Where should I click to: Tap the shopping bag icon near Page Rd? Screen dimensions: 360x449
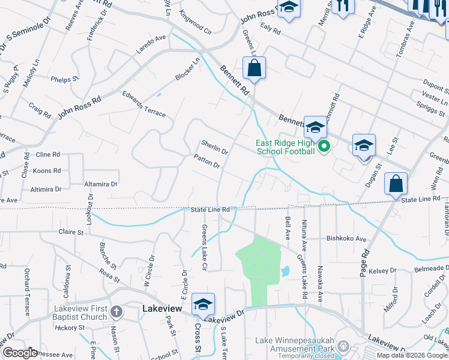(x=396, y=184)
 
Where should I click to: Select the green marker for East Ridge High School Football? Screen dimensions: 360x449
(x=324, y=146)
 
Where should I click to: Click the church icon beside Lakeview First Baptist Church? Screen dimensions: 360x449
(x=116, y=311)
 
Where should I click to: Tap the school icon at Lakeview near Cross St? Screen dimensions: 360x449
(x=203, y=305)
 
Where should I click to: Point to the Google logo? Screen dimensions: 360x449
(x=19, y=353)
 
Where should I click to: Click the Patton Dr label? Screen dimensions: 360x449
(x=207, y=161)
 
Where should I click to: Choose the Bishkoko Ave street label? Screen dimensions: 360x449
(x=346, y=238)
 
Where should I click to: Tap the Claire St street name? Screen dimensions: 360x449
(x=70, y=232)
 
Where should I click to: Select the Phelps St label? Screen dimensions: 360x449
(x=65, y=79)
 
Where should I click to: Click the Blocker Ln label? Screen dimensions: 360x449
(x=188, y=70)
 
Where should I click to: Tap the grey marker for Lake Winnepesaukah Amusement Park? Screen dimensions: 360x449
(x=343, y=346)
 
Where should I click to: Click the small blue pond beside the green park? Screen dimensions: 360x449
(x=285, y=272)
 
